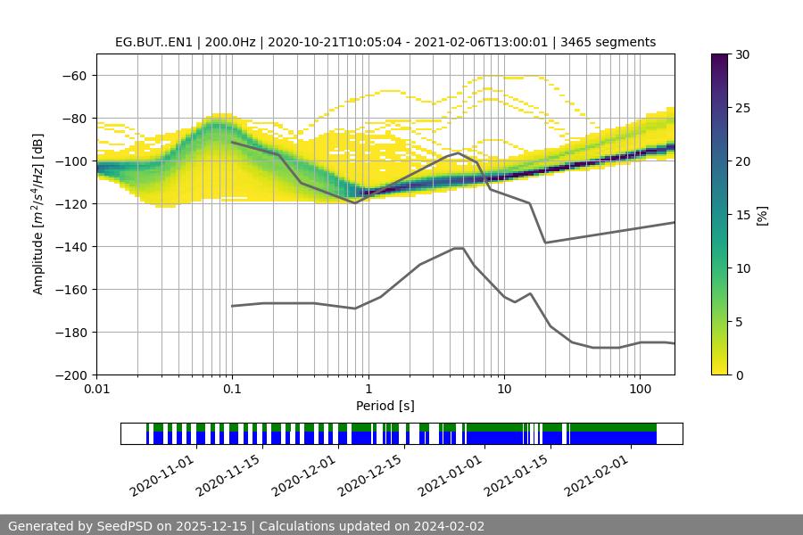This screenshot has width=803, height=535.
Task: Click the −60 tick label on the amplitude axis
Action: [72, 75]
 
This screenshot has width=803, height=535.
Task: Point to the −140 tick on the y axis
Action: [72, 246]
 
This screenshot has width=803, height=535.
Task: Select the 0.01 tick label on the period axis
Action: [96, 390]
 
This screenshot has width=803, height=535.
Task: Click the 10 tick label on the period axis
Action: [504, 390]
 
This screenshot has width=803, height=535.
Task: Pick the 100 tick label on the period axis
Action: [640, 390]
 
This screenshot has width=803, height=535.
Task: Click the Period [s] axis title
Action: [385, 406]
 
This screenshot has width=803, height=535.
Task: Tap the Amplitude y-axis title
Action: [38, 214]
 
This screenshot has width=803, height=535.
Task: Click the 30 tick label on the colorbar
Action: [742, 54]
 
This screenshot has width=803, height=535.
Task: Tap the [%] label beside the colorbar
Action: [761, 215]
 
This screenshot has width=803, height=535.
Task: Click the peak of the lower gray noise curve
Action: [459, 248]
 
